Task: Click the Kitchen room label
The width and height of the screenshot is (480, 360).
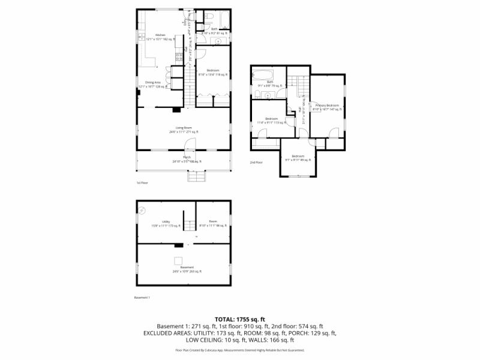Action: pyautogui.click(x=160, y=35)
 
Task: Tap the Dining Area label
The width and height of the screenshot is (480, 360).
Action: pyautogui.click(x=152, y=82)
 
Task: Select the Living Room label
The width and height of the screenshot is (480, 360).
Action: pyautogui.click(x=184, y=128)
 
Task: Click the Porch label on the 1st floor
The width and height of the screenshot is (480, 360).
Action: pyautogui.click(x=187, y=157)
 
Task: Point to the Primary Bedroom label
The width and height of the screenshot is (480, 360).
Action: pyautogui.click(x=327, y=106)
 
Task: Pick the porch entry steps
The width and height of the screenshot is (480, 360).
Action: pyautogui.click(x=196, y=176)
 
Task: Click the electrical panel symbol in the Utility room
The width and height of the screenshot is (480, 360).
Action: pyautogui.click(x=143, y=209)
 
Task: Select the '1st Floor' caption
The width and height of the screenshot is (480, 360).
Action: pyautogui.click(x=142, y=182)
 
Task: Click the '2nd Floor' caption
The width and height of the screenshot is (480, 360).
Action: pyautogui.click(x=256, y=162)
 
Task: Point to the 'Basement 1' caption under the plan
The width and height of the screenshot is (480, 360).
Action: pyautogui.click(x=142, y=297)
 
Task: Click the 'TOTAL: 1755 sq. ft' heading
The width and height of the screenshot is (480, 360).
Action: pyautogui.click(x=239, y=319)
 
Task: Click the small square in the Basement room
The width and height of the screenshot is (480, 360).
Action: pyautogui.click(x=178, y=260)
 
